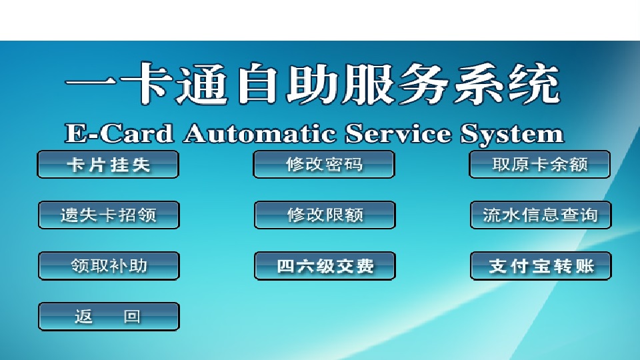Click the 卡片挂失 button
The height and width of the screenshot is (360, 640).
click(x=108, y=165)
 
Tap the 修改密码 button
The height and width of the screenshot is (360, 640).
click(x=324, y=165)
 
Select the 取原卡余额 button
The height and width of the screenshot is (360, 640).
click(x=540, y=165)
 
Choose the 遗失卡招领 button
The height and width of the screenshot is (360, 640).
click(x=109, y=215)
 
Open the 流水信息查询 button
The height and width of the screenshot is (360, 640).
click(x=541, y=215)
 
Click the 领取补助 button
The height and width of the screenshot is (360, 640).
click(x=109, y=266)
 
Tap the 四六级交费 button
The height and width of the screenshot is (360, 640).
click(x=325, y=266)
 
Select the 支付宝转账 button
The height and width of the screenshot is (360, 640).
click(x=541, y=266)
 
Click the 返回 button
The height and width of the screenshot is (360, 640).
click(x=109, y=316)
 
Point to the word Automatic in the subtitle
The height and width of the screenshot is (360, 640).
click(x=259, y=133)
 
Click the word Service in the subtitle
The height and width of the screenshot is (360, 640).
click(x=399, y=133)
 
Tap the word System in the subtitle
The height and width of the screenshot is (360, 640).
click(x=513, y=134)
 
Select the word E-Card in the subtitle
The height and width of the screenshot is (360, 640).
click(x=119, y=133)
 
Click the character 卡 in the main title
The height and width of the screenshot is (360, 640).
click(x=146, y=83)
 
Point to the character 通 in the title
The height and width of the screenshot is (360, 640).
click(x=201, y=84)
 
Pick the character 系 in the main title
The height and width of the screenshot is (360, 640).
click(x=479, y=84)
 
